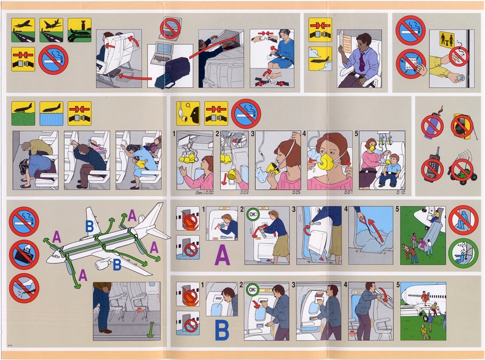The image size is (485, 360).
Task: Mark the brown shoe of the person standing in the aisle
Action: tap(105, 331)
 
